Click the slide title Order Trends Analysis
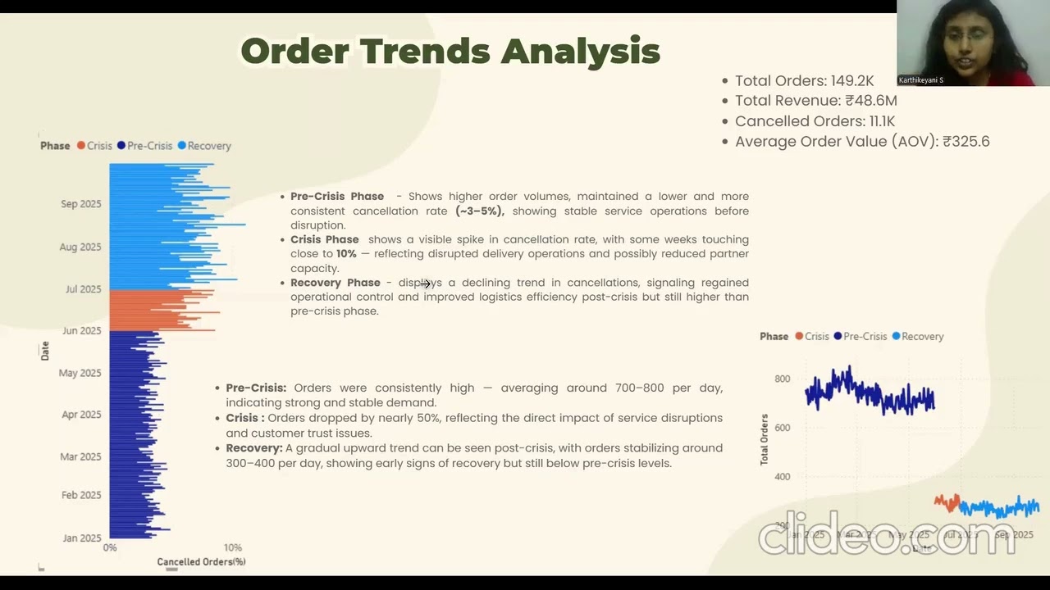coord(450,52)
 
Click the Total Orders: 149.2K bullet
coord(804,80)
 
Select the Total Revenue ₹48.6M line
coord(815,101)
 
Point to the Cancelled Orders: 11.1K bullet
coord(815,121)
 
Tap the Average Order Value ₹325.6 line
coord(862,141)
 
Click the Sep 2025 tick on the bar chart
coord(80,204)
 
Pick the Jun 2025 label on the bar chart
coord(81,331)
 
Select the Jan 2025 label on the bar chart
coord(81,538)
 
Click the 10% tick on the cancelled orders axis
coord(232,547)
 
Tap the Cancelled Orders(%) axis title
coord(201,562)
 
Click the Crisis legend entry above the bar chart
coord(94,146)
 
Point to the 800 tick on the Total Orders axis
coord(782,379)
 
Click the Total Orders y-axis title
coord(765,440)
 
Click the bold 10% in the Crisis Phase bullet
coord(346,254)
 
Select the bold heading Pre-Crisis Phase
coord(337,197)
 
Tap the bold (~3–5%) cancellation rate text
coord(480,211)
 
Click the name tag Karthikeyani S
coord(921,80)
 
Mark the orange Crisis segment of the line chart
coord(947,502)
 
